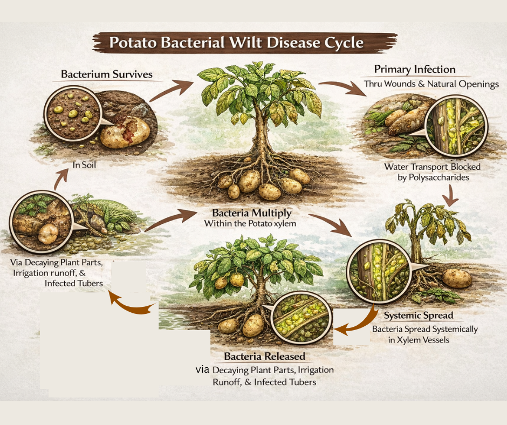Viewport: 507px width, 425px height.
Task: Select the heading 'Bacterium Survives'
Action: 107,74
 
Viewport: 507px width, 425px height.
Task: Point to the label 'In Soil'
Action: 86,164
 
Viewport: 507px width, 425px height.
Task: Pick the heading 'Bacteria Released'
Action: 264,357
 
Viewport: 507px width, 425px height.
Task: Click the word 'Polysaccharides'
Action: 432,177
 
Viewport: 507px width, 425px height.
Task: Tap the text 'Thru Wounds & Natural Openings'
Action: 431,84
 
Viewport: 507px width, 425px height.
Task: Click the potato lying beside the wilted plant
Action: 456,279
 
